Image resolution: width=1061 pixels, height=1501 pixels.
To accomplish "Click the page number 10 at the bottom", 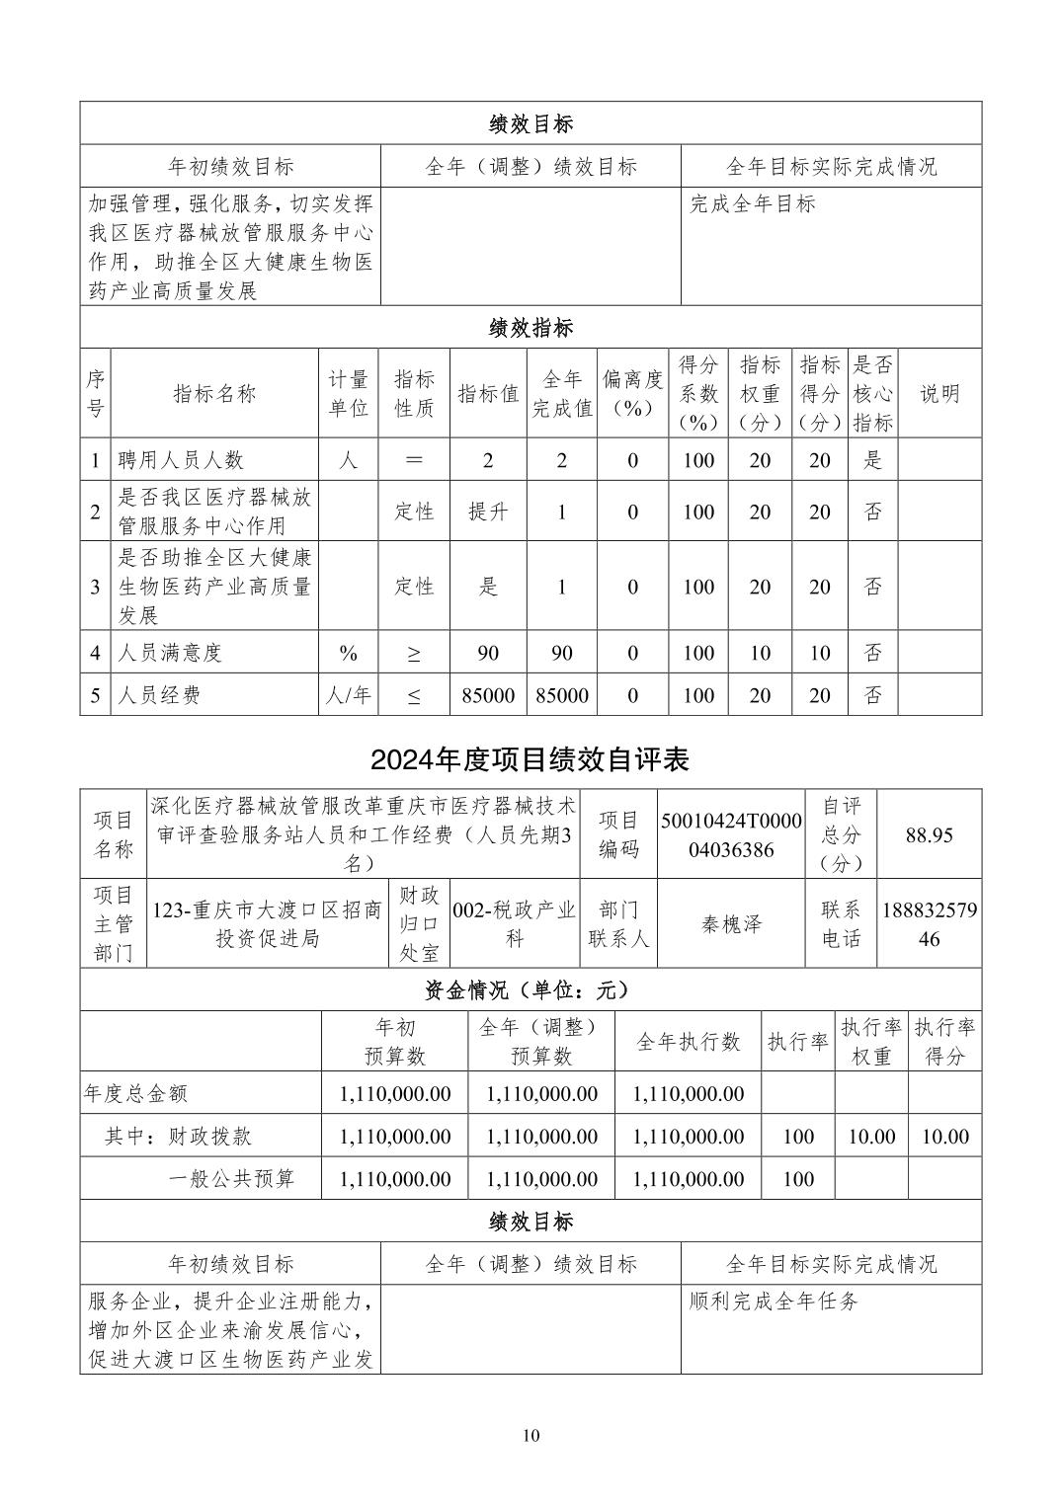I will coord(531,1435).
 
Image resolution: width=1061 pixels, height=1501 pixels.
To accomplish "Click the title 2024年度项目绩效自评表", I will coord(530,759).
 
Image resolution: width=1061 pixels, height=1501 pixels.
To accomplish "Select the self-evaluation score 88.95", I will coord(929,835).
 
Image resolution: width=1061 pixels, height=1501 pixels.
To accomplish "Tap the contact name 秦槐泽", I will coord(731,924).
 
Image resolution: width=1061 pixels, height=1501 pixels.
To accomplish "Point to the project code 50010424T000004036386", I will coord(731,835).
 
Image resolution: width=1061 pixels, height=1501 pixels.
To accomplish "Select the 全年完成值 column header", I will coord(562,393).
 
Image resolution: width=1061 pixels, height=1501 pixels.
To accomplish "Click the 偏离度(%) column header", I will coord(632,393).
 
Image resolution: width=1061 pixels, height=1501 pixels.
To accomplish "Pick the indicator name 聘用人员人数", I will coord(181,460).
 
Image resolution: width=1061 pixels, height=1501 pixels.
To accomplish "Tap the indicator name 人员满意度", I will coord(170,653).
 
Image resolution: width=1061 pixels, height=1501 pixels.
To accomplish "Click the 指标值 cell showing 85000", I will coord(488,695).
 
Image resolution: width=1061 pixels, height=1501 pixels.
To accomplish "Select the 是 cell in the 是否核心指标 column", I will coord(873,460).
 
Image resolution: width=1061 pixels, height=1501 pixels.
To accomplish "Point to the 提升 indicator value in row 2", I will coord(488,512).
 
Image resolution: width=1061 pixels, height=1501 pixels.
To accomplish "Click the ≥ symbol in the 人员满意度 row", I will coord(414,653).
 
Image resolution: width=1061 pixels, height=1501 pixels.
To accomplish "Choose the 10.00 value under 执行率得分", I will coord(944,1137).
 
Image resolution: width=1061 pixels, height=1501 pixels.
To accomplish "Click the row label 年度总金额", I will coord(135,1094).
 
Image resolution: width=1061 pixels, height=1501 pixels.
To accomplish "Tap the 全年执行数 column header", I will coord(689,1042).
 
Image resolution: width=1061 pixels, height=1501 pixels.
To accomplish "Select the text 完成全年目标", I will coord(753,204).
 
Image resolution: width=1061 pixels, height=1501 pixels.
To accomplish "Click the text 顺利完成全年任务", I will coord(774,1302).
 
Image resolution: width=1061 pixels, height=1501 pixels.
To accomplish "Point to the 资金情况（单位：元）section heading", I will coord(530,989).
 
